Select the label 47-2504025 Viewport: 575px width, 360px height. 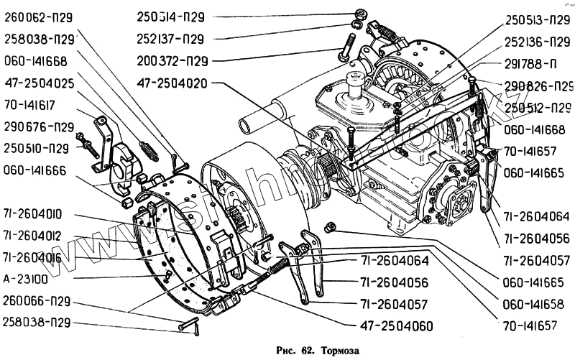tap(39, 83)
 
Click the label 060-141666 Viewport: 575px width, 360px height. tap(34, 170)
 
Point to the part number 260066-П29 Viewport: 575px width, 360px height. tap(36, 300)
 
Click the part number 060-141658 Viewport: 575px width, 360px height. tap(531, 304)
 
